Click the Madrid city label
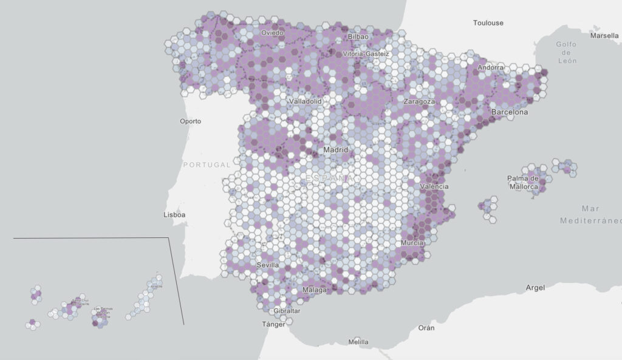335,149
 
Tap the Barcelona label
510,112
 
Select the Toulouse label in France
488,23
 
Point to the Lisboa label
174,215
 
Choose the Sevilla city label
268,265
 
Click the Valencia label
434,186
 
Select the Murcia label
412,243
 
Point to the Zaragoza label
420,101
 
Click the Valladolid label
305,101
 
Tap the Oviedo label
272,33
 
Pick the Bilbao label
358,37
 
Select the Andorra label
490,67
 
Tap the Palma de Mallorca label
523,182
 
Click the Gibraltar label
287,311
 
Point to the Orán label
426,328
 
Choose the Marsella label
604,36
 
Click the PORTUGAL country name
207,165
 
